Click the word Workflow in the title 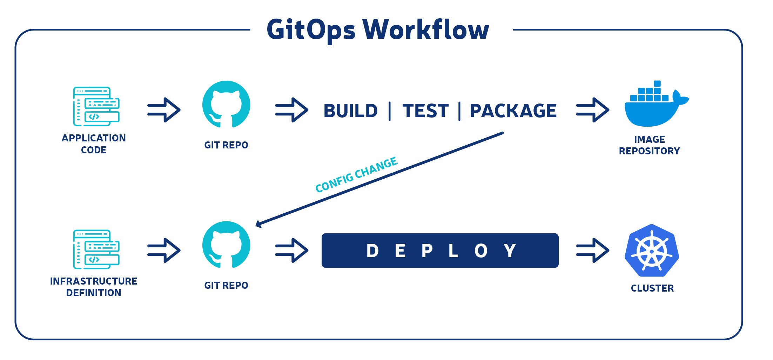[426, 29]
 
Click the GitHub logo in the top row [226, 105]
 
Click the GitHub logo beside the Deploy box [226, 245]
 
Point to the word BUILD [350, 111]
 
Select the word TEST [425, 111]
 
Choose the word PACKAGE [513, 111]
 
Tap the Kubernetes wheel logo [652, 251]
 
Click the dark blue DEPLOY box [440, 251]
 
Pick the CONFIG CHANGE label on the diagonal [356, 175]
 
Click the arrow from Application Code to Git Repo [164, 110]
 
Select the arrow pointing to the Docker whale [593, 110]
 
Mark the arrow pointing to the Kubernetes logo [593, 250]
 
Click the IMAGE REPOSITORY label [649, 145]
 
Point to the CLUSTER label [652, 288]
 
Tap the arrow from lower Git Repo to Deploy [292, 250]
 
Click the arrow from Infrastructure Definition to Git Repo [164, 250]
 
